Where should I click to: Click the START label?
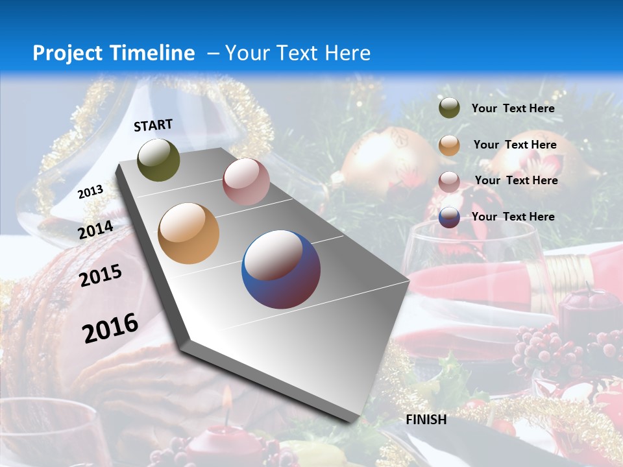153,125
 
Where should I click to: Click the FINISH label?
426,420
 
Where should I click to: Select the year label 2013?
90,191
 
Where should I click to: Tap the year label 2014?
96,230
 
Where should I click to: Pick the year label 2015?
101,276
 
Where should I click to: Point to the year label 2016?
110,328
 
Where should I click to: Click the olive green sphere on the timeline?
159,160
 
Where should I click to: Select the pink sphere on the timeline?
246,182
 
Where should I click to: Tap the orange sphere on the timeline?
189,233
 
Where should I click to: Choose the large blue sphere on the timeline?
281,269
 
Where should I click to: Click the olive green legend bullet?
449,108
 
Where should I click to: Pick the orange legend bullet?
449,145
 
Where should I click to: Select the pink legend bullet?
449,181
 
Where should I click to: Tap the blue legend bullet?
449,217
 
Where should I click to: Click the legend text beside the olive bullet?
513,108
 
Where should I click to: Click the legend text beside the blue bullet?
513,217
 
